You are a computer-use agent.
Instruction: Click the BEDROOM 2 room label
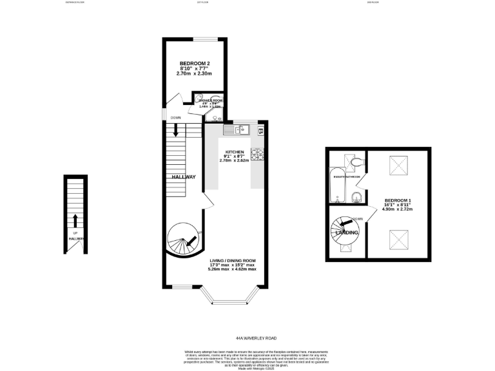195,63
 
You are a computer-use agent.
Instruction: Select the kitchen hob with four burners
257,154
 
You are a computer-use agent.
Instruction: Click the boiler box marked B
260,131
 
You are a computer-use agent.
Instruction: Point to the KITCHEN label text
235,152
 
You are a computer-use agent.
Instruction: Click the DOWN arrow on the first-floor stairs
175,129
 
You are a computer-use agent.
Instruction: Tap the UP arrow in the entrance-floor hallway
75,221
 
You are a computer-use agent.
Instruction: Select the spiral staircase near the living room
182,241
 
